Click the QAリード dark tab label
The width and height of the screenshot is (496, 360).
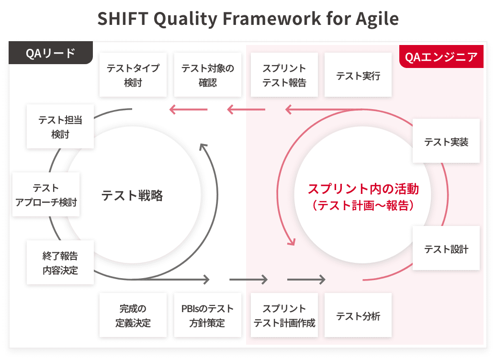[51, 53]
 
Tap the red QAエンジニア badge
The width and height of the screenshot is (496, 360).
[441, 56]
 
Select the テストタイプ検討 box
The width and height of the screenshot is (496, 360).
[133, 75]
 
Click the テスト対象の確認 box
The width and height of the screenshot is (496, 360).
[207, 75]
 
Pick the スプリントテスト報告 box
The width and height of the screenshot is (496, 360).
[284, 75]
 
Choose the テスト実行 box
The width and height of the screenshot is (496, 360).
[358, 75]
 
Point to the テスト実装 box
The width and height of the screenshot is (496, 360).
[446, 141]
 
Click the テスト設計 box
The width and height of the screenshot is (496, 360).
[446, 248]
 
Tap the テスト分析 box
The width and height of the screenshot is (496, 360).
[358, 315]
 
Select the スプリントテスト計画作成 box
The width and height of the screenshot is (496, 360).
[284, 315]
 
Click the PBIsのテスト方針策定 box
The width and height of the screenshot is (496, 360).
[207, 315]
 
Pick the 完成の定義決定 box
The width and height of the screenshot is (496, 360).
[133, 315]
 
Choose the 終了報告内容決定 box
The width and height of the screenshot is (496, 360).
[60, 262]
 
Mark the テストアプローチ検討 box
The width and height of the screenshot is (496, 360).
[46, 194]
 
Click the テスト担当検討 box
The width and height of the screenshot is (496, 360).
[60, 126]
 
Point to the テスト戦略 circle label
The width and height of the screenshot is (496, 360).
[132, 195]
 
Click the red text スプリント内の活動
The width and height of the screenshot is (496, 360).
[363, 189]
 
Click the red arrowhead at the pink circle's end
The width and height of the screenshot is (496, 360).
[291, 242]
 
